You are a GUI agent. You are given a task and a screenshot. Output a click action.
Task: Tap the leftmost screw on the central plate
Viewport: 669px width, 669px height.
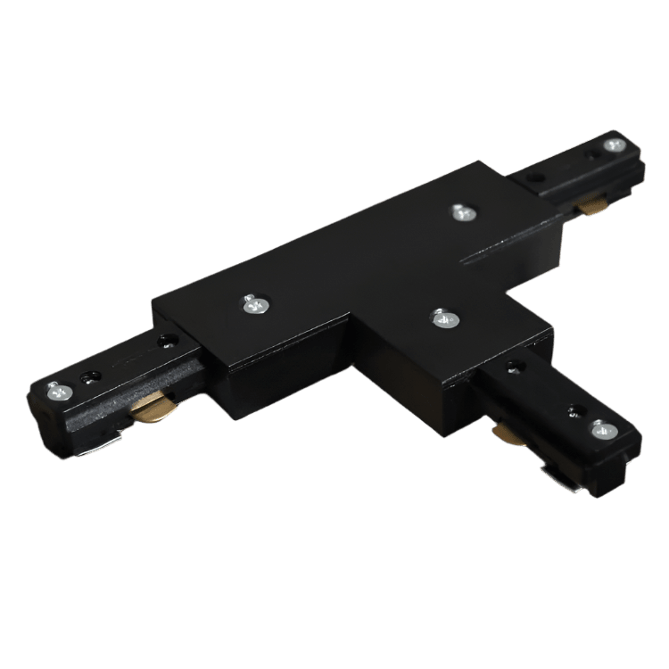click(254, 304)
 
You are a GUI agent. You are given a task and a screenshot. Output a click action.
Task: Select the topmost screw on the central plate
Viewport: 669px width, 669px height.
click(461, 212)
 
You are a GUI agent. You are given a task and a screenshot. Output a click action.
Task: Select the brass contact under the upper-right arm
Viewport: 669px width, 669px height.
click(589, 208)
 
